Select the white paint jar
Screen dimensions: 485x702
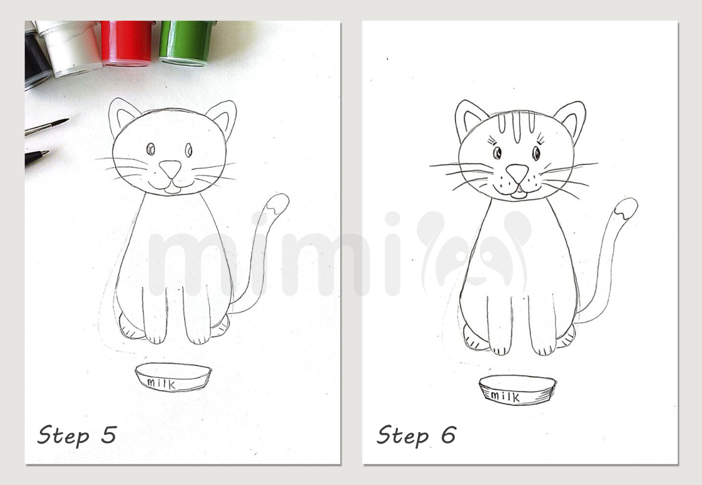pos(70,48)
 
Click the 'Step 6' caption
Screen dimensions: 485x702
pos(416,436)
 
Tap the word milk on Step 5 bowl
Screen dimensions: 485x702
pos(161,384)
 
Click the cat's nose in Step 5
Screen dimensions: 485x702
pos(170,169)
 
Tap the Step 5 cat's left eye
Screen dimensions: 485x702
pos(150,149)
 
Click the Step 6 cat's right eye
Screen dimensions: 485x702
pos(535,154)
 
